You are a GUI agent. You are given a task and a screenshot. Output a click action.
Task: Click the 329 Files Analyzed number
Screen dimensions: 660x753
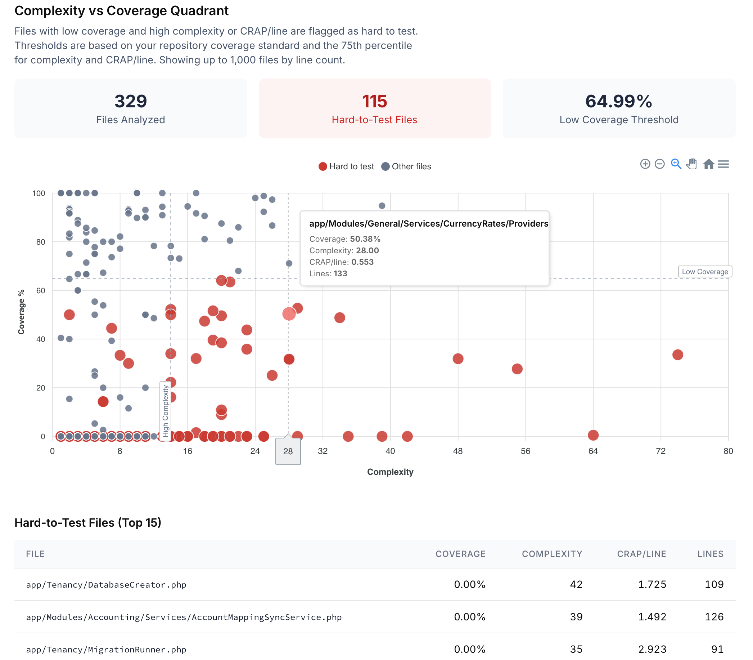tap(130, 101)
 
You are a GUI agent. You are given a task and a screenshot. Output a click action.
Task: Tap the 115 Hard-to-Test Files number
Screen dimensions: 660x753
tap(374, 101)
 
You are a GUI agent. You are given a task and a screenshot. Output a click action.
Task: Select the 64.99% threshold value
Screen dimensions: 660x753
tap(618, 101)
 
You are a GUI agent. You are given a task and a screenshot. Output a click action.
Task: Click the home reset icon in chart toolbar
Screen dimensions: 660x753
tap(708, 164)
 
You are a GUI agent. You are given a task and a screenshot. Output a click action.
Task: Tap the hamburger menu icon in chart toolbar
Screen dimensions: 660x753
tap(723, 164)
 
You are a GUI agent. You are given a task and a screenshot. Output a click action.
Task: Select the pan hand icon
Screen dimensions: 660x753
tap(691, 164)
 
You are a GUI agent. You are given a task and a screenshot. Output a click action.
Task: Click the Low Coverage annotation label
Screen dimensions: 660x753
tap(705, 271)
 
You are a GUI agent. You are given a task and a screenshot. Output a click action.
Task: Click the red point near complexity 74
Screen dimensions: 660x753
tap(677, 354)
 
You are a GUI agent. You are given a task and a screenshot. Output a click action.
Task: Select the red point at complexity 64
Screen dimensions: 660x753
tap(593, 435)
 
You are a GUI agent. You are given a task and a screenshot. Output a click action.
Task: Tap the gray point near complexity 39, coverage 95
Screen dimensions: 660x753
tap(382, 205)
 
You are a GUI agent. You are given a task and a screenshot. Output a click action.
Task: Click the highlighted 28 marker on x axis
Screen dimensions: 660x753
tap(288, 451)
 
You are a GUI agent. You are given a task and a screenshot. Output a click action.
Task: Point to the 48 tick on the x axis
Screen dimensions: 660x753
tap(458, 451)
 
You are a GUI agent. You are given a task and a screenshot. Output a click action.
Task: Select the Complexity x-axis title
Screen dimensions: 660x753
tap(390, 472)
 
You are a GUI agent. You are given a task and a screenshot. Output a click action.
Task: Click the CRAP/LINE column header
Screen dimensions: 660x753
tap(641, 554)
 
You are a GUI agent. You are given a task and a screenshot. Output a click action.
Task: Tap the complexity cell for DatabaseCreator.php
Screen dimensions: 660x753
tap(576, 584)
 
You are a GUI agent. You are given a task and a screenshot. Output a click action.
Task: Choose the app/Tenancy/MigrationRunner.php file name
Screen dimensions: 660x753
tap(106, 649)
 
